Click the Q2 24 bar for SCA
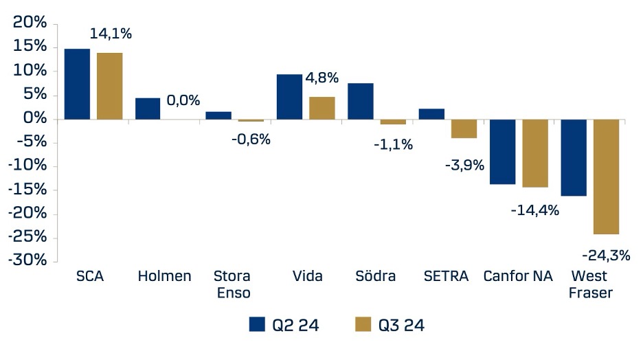pos(77,84)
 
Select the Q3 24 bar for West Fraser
pos(607,177)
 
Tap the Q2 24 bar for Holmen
pos(148,109)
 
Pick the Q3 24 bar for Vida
pos(322,108)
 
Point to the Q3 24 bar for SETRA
pos(464,128)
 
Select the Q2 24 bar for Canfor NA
pos(502,151)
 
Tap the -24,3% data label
pos(606,256)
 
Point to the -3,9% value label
pos(464,165)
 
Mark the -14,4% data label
pos(534,210)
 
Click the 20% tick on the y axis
pos(30,23)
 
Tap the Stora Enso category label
pos(232,284)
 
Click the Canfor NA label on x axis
pos(517,276)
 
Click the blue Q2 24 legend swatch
pos(258,325)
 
